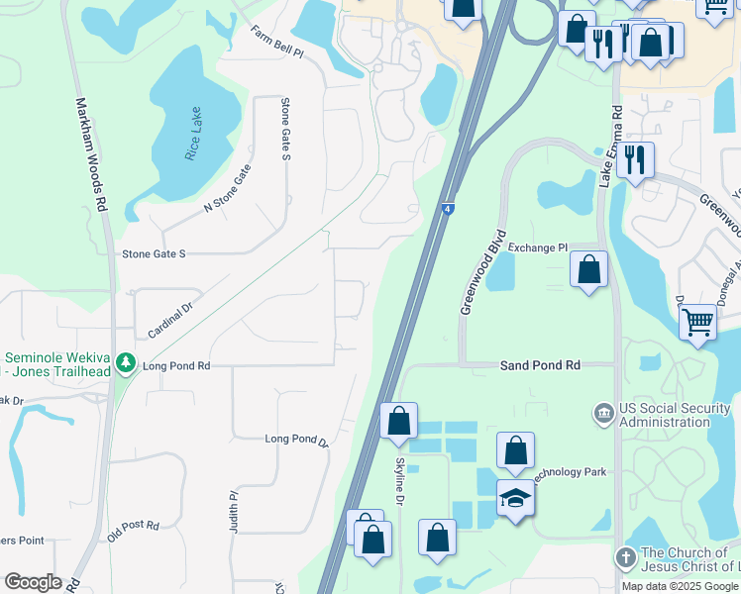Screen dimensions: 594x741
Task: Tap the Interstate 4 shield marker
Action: (449, 208)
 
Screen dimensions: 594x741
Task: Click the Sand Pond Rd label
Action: (540, 365)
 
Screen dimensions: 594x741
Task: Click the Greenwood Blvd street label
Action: (482, 273)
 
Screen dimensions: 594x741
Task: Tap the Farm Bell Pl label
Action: (276, 43)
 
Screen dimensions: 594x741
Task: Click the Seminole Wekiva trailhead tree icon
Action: (125, 363)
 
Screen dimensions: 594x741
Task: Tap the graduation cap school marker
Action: (515, 498)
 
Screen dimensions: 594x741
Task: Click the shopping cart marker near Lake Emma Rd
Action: (698, 322)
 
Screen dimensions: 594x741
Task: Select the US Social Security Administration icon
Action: (601, 411)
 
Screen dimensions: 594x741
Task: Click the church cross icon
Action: (625, 558)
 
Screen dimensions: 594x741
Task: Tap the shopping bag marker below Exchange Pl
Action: (589, 270)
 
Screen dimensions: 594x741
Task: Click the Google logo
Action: (34, 582)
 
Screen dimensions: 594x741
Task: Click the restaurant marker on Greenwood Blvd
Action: (635, 158)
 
